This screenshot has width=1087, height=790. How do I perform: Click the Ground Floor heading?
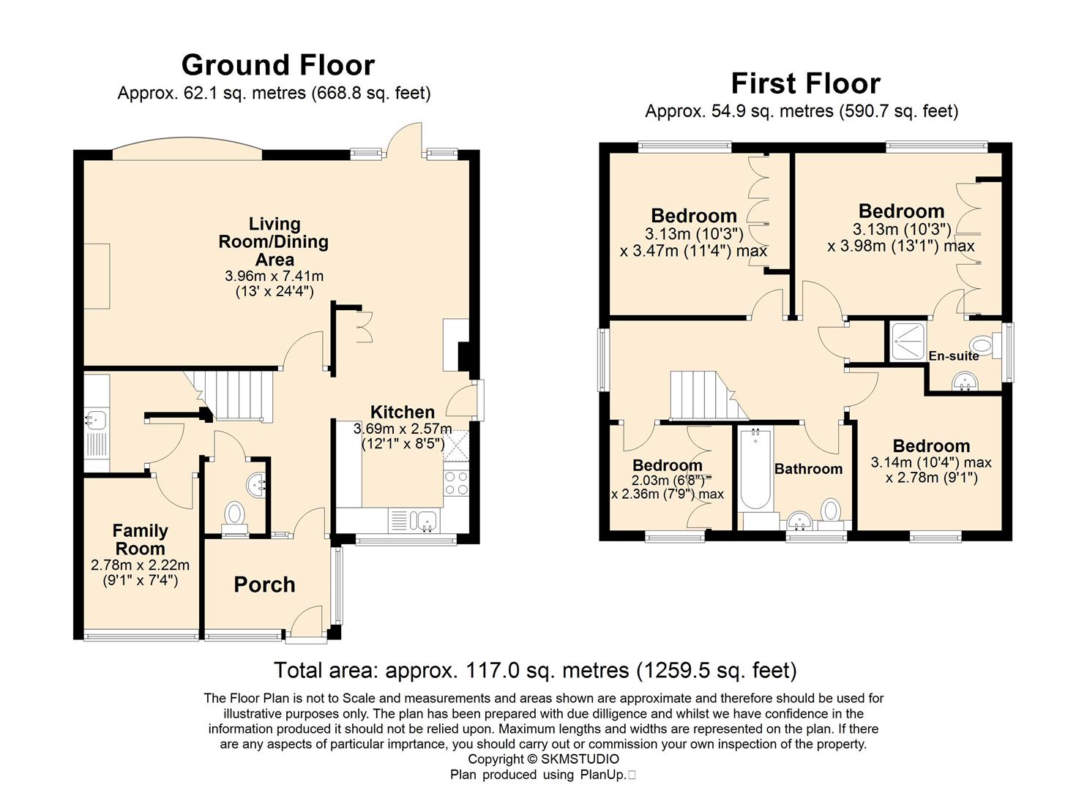278,65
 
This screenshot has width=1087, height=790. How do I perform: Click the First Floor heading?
805,83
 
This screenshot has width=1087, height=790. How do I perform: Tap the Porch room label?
264,584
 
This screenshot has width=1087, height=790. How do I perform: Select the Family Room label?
141,539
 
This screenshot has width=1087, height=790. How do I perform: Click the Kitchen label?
403,412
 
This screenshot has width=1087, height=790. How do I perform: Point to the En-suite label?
954,356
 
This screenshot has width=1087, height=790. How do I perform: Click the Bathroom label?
808,469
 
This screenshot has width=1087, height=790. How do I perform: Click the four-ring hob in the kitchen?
456,483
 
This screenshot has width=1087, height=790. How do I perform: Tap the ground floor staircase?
235,395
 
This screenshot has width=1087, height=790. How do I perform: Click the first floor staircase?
706,395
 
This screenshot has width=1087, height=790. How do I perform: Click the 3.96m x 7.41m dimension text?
274,276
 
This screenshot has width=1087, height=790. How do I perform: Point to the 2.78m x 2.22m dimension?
140,565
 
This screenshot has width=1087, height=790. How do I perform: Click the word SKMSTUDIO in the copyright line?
580,759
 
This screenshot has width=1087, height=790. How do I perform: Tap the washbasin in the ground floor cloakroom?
255,484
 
